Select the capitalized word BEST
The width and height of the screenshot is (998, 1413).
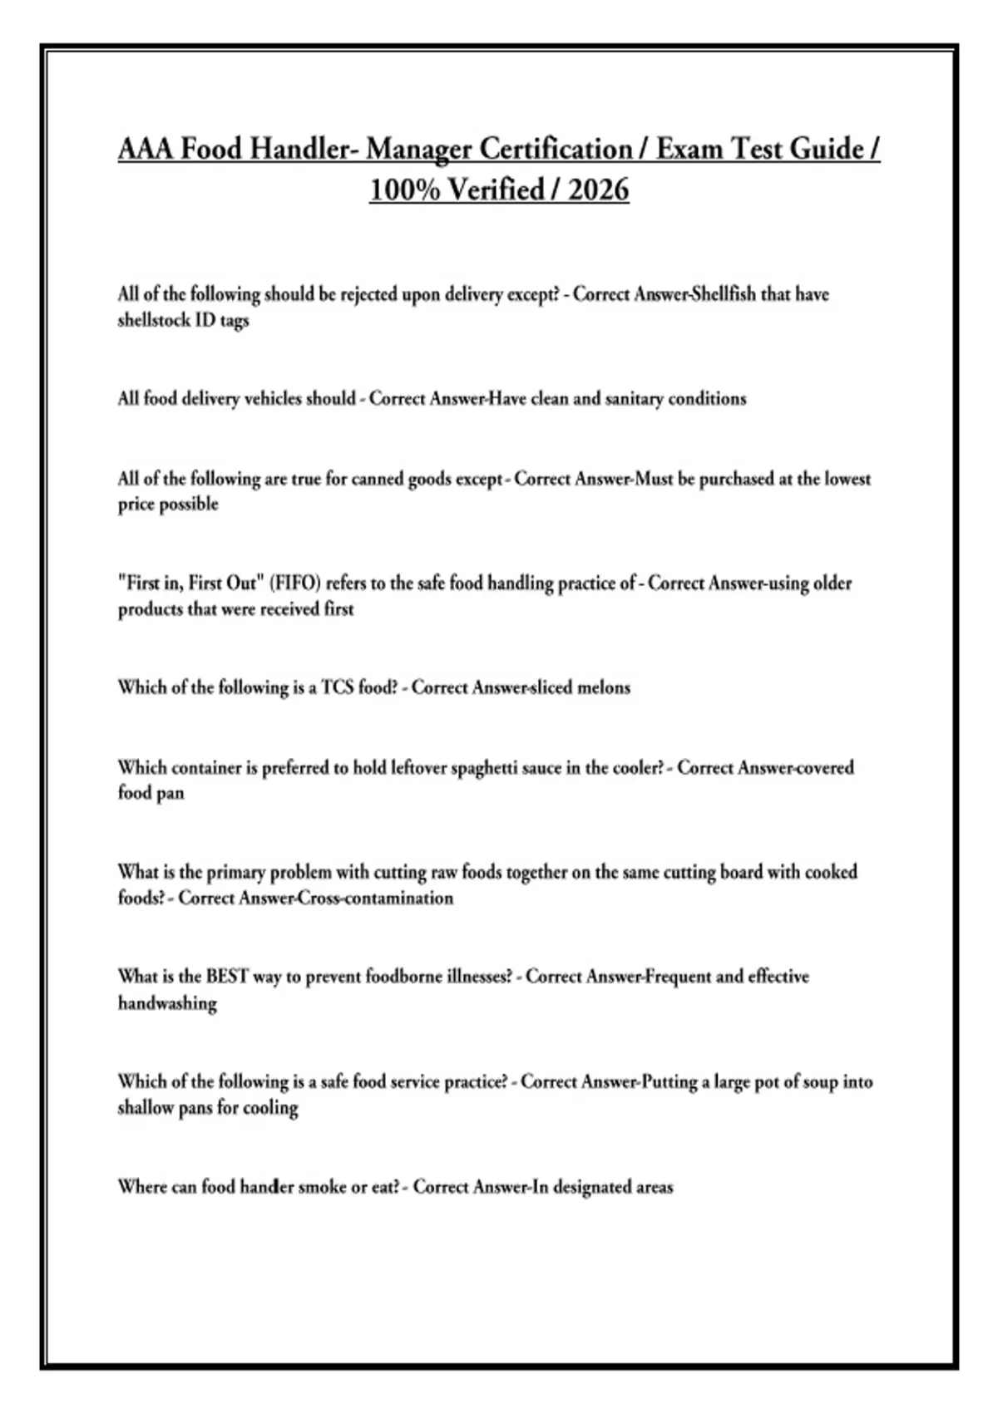(227, 977)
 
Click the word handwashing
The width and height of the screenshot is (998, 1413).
(167, 1003)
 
